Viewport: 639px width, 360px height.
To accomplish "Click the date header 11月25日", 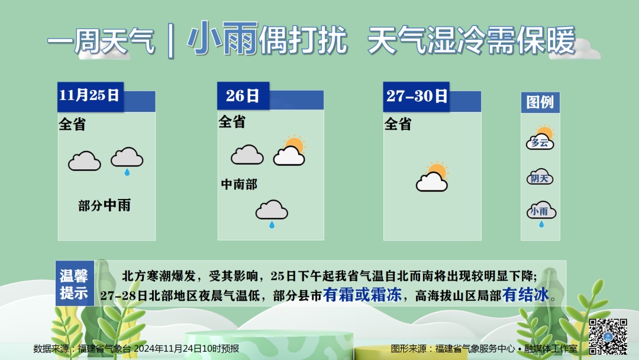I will pyautogui.click(x=90, y=96).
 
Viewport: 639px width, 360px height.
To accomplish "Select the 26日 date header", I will pyautogui.click(x=243, y=96).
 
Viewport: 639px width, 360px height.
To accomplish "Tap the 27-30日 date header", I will pyautogui.click(x=417, y=96).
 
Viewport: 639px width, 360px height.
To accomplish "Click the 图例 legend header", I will pyautogui.click(x=540, y=102).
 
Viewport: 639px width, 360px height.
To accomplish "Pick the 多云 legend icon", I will pyautogui.click(x=540, y=139).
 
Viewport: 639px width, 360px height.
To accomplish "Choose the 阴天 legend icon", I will pyautogui.click(x=540, y=177).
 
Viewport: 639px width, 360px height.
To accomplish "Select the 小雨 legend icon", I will pyautogui.click(x=540, y=213).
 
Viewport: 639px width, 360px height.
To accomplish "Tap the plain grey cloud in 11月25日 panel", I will pyautogui.click(x=84, y=160).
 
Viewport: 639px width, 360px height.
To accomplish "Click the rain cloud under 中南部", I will pyautogui.click(x=272, y=213).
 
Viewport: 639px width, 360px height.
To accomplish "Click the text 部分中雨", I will pyautogui.click(x=104, y=205).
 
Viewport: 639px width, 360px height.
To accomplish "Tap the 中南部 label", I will pyautogui.click(x=239, y=184).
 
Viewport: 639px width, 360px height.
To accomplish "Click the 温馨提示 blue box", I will pyautogui.click(x=75, y=284).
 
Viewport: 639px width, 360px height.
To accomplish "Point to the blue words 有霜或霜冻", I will pyautogui.click(x=362, y=295).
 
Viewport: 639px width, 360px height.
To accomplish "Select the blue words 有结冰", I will pyautogui.click(x=525, y=295).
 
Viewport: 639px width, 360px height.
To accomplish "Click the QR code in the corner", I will pyautogui.click(x=608, y=337).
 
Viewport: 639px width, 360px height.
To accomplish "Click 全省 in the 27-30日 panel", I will pyautogui.click(x=398, y=124).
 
